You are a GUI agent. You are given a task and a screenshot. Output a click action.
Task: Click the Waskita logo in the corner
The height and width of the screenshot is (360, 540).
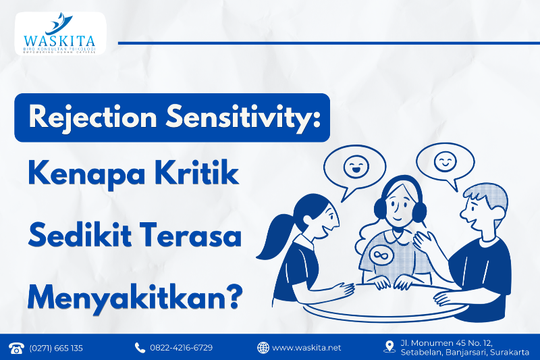[59, 34]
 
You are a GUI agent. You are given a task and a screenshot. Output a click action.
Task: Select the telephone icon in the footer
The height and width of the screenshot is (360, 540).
[16, 348]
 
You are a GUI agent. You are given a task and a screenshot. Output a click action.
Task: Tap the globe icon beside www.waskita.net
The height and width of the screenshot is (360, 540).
[263, 348]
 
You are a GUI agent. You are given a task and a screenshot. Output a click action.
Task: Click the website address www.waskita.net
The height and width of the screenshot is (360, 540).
[307, 348]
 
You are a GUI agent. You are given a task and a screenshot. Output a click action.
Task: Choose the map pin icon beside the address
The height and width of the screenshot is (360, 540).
[388, 346]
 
